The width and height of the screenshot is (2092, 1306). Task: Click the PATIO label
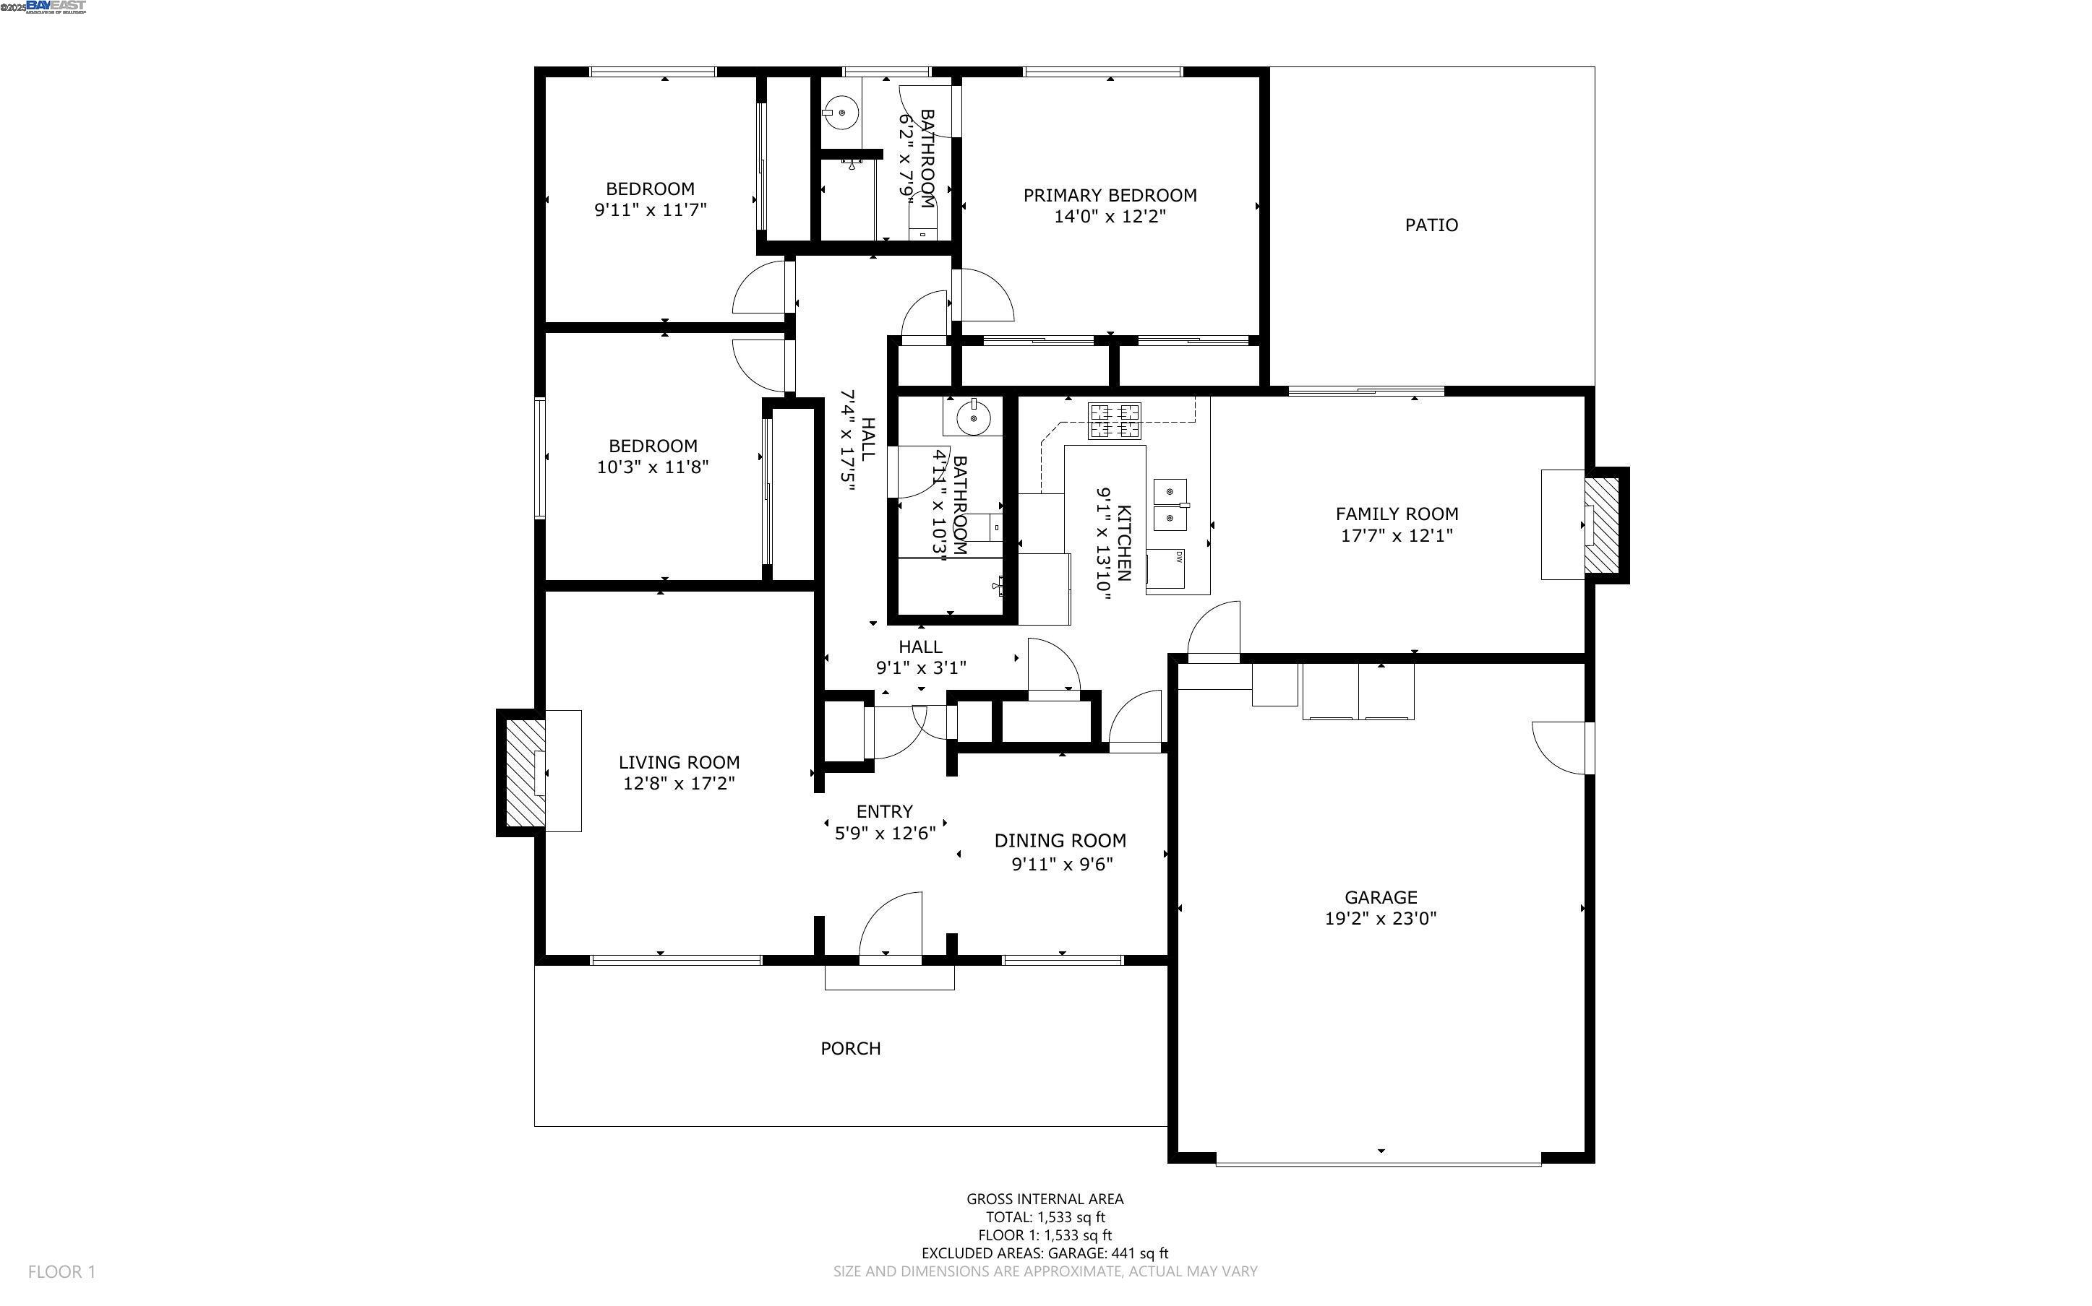[x=1431, y=225]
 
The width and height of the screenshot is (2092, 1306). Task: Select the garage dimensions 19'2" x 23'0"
[x=1380, y=919]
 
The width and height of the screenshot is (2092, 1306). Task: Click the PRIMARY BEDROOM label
[x=1110, y=195]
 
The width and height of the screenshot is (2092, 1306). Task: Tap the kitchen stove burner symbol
[x=1114, y=420]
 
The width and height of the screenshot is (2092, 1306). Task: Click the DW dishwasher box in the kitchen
[x=1167, y=568]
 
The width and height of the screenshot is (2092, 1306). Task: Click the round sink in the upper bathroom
[x=839, y=111]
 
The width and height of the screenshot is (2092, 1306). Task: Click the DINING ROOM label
[x=1060, y=840]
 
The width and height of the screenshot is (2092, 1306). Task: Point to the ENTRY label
[x=884, y=811]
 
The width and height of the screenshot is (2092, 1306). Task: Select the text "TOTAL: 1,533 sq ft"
[x=1045, y=1217]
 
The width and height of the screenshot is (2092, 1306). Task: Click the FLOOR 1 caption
[x=61, y=1271]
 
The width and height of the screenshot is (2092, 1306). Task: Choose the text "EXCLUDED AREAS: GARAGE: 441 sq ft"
[x=1045, y=1253]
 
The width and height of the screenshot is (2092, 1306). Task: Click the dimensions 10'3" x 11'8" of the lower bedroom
[x=653, y=467]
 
